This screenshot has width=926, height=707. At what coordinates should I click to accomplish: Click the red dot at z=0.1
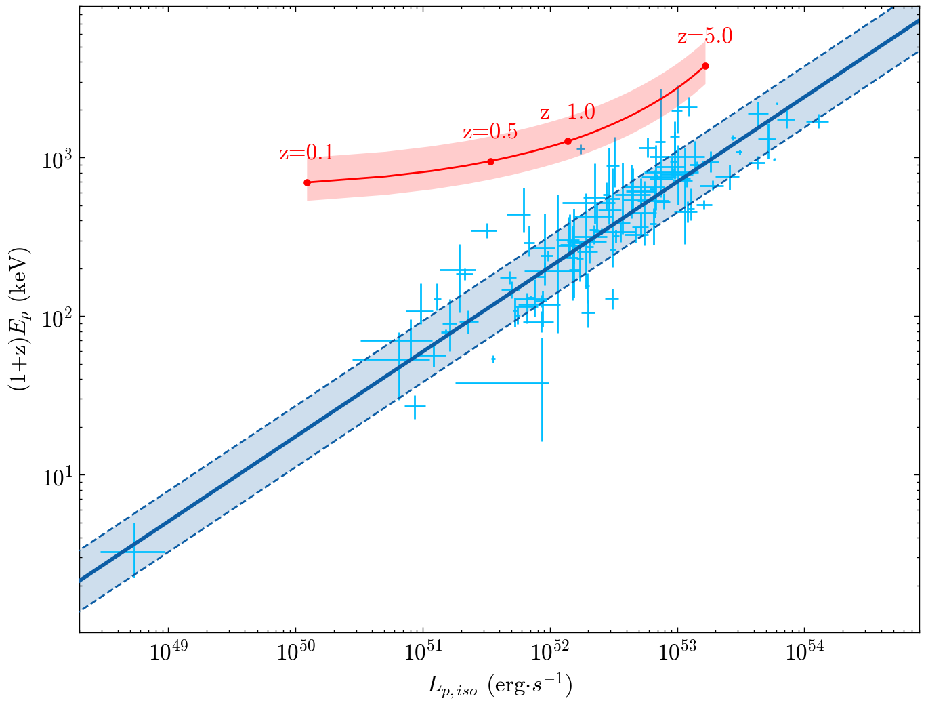(x=307, y=182)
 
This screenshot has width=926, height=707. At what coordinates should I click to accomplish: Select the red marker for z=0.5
(x=490, y=161)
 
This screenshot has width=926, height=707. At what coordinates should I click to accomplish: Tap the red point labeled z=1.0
(x=568, y=141)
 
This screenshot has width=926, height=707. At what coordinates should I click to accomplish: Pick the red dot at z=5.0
(x=705, y=66)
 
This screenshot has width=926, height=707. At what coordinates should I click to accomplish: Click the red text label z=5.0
(x=704, y=36)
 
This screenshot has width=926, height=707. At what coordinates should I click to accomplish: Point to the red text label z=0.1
(x=306, y=153)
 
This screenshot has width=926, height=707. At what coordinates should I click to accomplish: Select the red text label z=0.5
(x=490, y=132)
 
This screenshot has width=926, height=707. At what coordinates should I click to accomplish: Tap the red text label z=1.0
(x=567, y=112)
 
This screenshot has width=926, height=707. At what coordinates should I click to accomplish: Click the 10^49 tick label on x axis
(x=168, y=654)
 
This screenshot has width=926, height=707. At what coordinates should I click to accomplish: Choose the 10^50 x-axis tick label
(x=295, y=654)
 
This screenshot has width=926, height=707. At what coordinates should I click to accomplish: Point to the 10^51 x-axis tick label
(x=423, y=654)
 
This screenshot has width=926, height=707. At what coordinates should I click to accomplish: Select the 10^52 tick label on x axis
(x=550, y=654)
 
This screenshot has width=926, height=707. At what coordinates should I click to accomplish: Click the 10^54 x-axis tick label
(x=805, y=654)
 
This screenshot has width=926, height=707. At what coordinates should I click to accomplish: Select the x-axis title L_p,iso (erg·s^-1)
(x=500, y=686)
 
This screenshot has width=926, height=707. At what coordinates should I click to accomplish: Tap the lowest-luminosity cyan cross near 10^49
(x=133, y=552)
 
